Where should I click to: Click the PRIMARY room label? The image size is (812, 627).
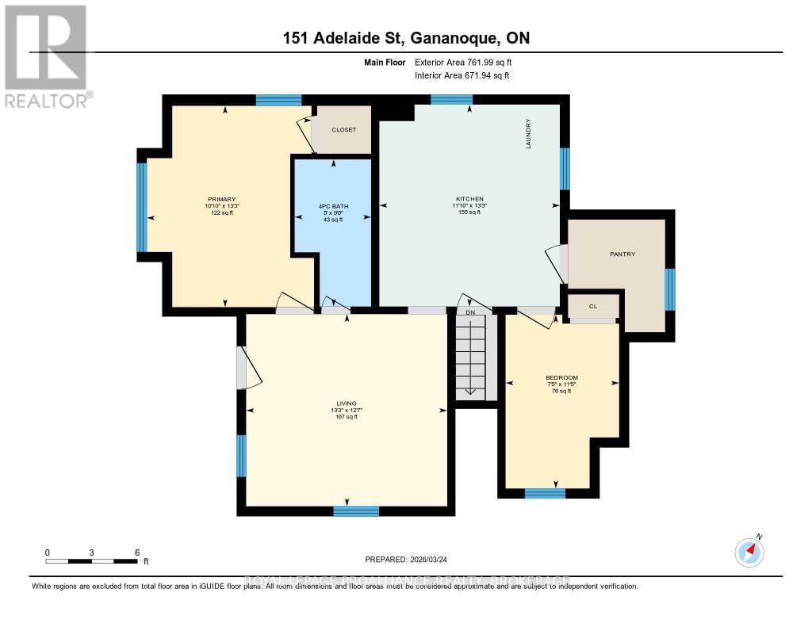tap(223, 199)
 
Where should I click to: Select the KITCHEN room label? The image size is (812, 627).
tap(469, 199)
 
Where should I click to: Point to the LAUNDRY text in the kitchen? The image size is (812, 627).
tap(527, 133)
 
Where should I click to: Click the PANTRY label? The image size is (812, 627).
tap(622, 254)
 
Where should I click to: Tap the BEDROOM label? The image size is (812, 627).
tap(561, 377)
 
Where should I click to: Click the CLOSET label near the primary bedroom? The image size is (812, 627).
tap(343, 129)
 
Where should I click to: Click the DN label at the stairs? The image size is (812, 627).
tap(469, 312)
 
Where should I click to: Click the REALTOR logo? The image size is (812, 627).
tap(47, 55)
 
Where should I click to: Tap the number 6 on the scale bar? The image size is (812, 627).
tap(137, 552)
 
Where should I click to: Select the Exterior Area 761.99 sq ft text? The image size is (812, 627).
tap(468, 62)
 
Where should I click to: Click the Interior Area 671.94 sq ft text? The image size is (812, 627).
tap(462, 76)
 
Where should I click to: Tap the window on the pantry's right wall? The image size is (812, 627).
tap(670, 289)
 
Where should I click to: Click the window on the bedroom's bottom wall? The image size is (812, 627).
tap(545, 493)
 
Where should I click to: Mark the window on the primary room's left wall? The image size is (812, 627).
tap(142, 207)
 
